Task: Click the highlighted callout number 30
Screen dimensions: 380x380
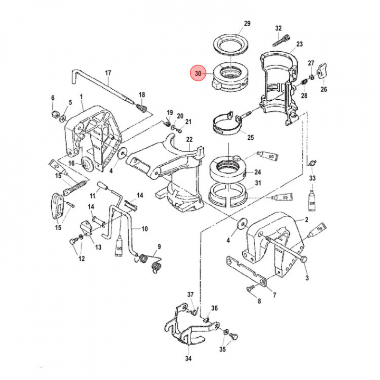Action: tap(198, 74)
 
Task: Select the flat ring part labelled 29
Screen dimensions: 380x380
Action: tap(232, 42)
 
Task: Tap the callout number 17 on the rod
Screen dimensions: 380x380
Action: tap(108, 73)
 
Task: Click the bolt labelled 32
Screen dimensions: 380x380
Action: tap(282, 39)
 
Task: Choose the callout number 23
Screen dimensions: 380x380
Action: tap(299, 44)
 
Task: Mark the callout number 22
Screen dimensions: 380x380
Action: tap(189, 139)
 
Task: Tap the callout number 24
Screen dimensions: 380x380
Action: tap(258, 172)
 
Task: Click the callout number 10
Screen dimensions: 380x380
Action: tap(144, 229)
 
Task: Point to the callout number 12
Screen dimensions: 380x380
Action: tap(81, 259)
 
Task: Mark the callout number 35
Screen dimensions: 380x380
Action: tap(223, 349)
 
